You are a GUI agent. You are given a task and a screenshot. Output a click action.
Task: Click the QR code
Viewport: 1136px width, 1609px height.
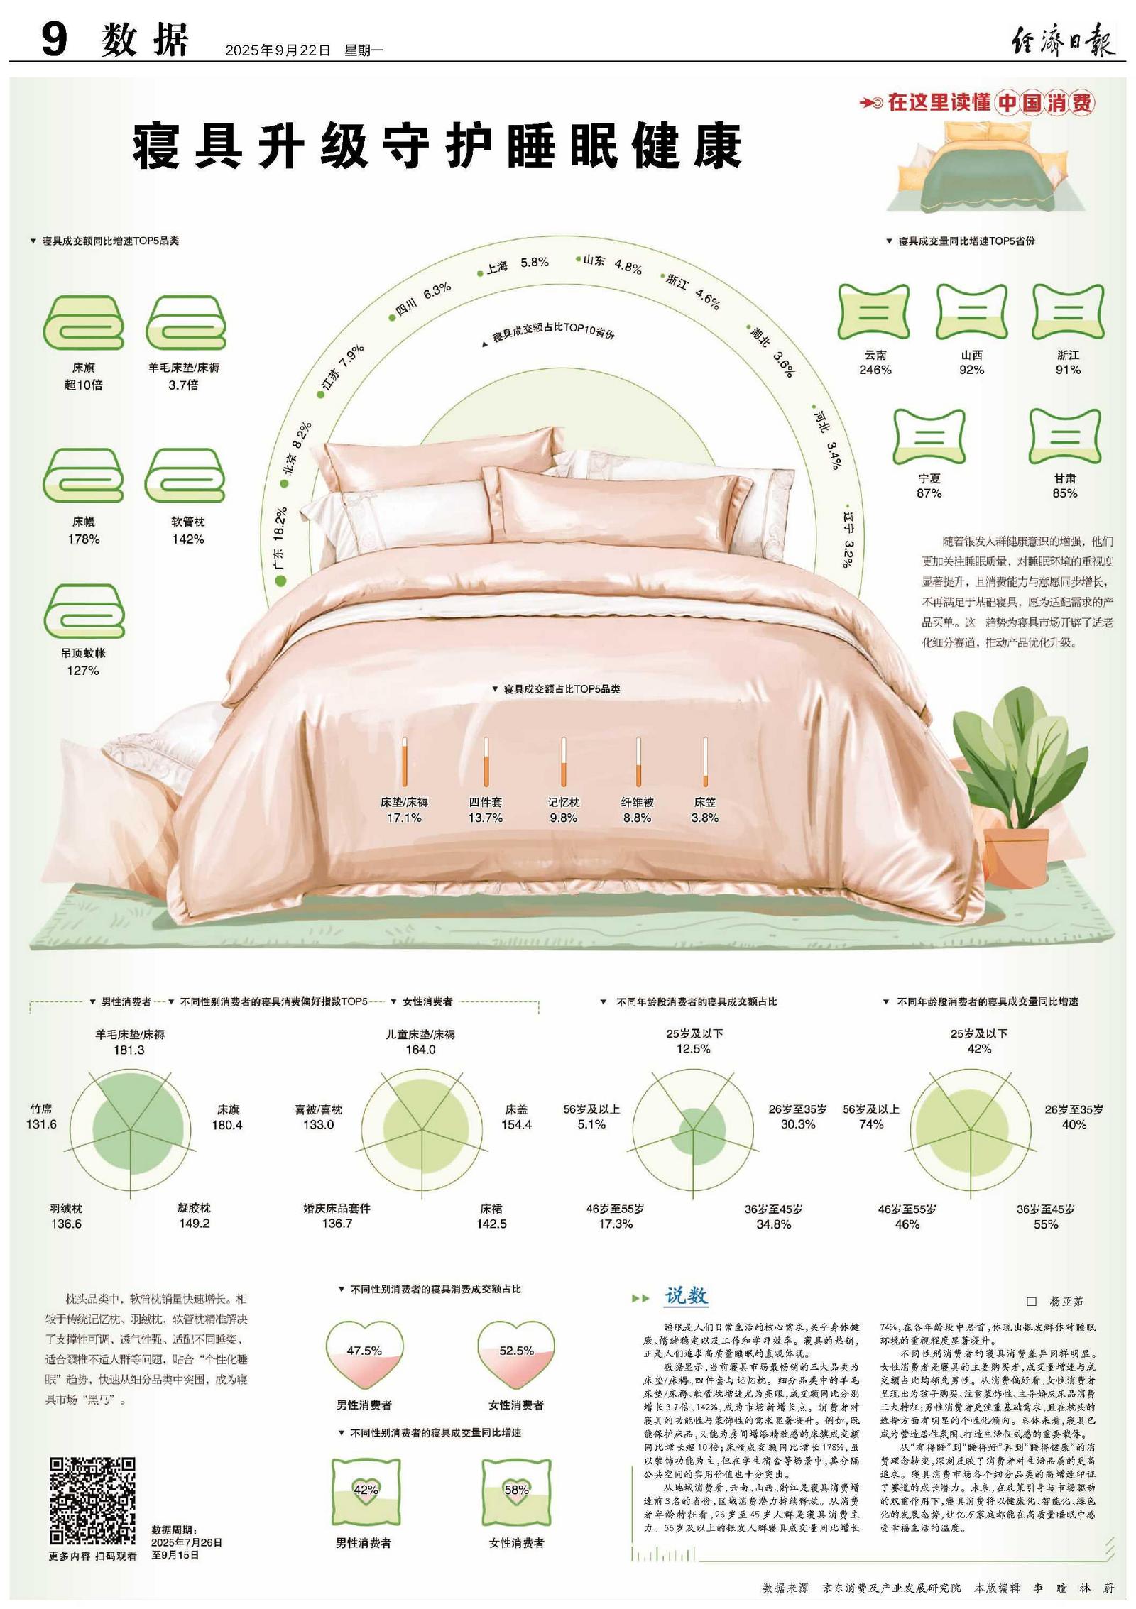92,1501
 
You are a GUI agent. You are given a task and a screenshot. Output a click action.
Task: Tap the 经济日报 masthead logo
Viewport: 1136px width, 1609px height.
1062,40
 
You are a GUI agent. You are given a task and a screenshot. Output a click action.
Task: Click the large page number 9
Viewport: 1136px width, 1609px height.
54,39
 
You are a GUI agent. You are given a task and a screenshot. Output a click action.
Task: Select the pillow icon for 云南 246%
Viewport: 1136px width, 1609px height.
874,312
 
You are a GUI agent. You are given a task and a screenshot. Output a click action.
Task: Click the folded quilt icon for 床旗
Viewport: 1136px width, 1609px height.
84,323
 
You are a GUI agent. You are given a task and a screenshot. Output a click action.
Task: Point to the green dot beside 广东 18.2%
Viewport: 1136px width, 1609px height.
281,581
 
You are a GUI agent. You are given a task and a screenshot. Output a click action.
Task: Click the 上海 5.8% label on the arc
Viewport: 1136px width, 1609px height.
517,265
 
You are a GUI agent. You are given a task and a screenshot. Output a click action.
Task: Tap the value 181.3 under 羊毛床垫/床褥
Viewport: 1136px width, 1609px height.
129,1050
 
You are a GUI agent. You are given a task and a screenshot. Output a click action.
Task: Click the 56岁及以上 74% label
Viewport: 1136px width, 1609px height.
871,1116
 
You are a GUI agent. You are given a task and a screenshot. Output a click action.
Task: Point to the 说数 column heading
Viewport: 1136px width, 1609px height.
686,1296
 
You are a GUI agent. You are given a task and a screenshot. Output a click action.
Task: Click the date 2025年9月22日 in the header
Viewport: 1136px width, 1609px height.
278,50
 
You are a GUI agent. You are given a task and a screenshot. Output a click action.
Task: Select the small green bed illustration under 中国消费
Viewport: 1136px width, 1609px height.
987,167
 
